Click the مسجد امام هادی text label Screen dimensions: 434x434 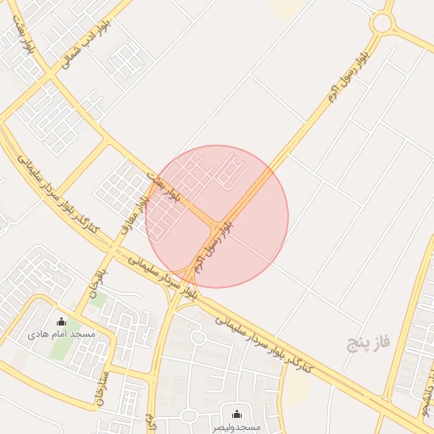pyautogui.click(x=61, y=335)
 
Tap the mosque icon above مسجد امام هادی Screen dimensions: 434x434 pyautogui.click(x=61, y=321)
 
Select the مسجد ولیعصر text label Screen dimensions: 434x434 pyautogui.click(x=236, y=426)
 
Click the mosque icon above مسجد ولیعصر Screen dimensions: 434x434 pyautogui.click(x=236, y=414)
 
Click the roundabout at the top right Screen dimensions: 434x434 pyautogui.click(x=383, y=23)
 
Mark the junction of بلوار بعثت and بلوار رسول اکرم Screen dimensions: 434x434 pyautogui.click(x=213, y=224)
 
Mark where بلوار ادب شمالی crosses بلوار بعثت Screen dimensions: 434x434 pyautogui.click(x=53, y=78)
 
